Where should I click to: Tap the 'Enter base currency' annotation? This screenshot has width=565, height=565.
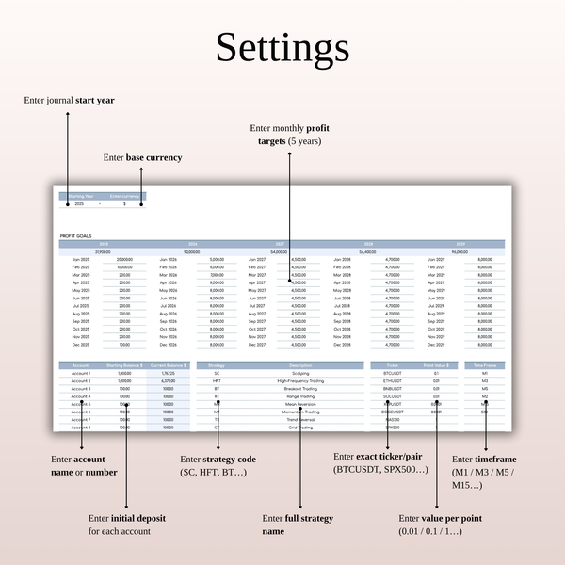(x=142, y=157)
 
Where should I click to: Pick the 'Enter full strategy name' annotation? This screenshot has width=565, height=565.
(x=299, y=525)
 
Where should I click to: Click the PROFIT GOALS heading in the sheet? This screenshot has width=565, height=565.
(x=73, y=234)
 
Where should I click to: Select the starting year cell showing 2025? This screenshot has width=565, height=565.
(x=79, y=203)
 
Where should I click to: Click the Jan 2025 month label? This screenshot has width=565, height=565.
(x=79, y=259)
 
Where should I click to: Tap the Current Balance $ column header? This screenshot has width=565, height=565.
(x=168, y=364)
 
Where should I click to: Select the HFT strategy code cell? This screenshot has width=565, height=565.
(x=217, y=380)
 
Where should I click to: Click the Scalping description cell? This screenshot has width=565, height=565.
(x=300, y=373)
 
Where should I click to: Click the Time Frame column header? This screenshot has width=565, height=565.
(x=484, y=364)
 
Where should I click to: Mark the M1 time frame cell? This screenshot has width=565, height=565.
(x=484, y=373)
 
